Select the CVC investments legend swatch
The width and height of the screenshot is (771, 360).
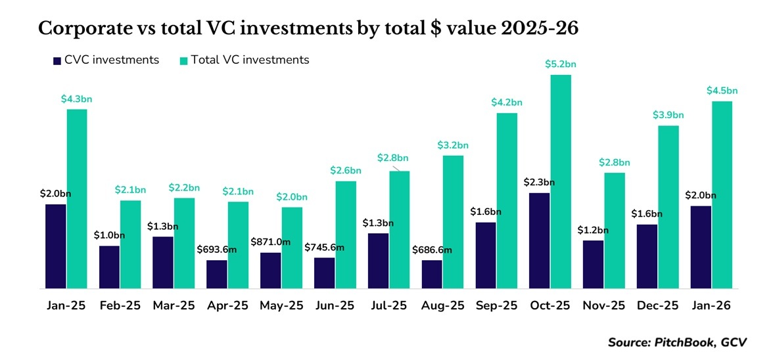point(57,60)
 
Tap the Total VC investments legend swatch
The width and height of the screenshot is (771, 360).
point(184,60)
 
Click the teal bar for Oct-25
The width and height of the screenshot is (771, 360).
point(561,181)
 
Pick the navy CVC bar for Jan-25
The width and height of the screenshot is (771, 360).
point(56,246)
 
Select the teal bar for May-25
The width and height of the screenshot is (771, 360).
point(292,248)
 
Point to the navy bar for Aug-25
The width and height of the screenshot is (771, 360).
point(432,274)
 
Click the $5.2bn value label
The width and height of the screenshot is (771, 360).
point(561,64)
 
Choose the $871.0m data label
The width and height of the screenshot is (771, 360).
point(269,242)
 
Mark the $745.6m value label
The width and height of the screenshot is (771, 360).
point(323,247)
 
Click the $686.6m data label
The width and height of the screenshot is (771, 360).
point(431,250)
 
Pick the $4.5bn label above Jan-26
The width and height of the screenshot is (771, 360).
point(722,91)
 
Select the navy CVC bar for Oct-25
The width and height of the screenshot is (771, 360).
point(539,240)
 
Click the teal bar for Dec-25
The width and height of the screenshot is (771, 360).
point(668,206)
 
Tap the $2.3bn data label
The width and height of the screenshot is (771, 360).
point(539,182)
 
